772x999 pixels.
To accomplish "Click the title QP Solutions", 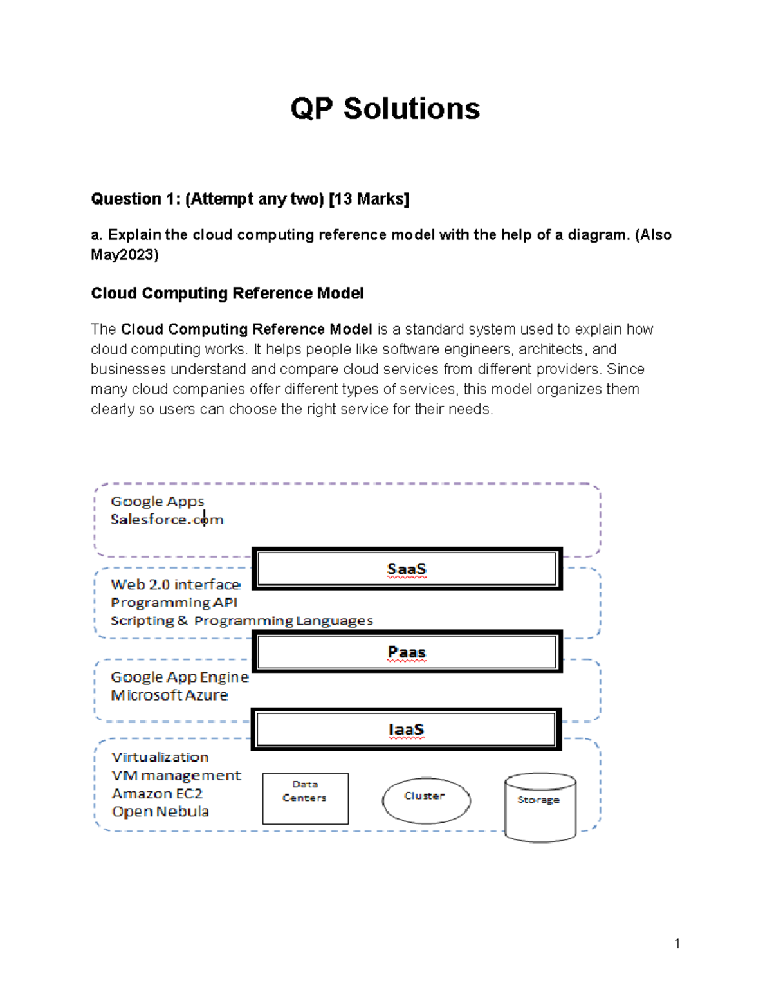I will click(385, 109).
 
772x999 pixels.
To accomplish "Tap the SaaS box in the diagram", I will click(407, 569).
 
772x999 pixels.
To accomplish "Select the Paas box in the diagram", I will click(407, 652).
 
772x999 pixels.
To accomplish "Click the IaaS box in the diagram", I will click(406, 729).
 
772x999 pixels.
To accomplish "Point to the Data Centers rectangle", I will click(305, 798).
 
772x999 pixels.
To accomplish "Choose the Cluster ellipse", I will click(426, 800).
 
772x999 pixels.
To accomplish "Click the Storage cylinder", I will click(540, 807).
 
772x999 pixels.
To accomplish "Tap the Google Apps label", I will click(157, 501).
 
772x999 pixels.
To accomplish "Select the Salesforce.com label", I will click(167, 519).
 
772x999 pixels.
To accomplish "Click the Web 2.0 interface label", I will click(176, 585).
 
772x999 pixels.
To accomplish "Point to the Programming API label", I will click(174, 603).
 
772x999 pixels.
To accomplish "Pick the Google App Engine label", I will click(179, 677).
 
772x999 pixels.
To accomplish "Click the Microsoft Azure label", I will click(169, 695).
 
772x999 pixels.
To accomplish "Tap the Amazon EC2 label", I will click(157, 794).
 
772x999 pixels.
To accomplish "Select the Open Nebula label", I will click(160, 812).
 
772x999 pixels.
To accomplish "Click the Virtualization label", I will click(160, 757).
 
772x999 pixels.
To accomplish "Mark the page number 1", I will click(677, 944).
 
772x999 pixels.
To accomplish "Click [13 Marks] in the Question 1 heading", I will click(369, 199).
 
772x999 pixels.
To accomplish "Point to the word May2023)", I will click(124, 255).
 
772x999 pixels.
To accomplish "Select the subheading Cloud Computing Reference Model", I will click(227, 293).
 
